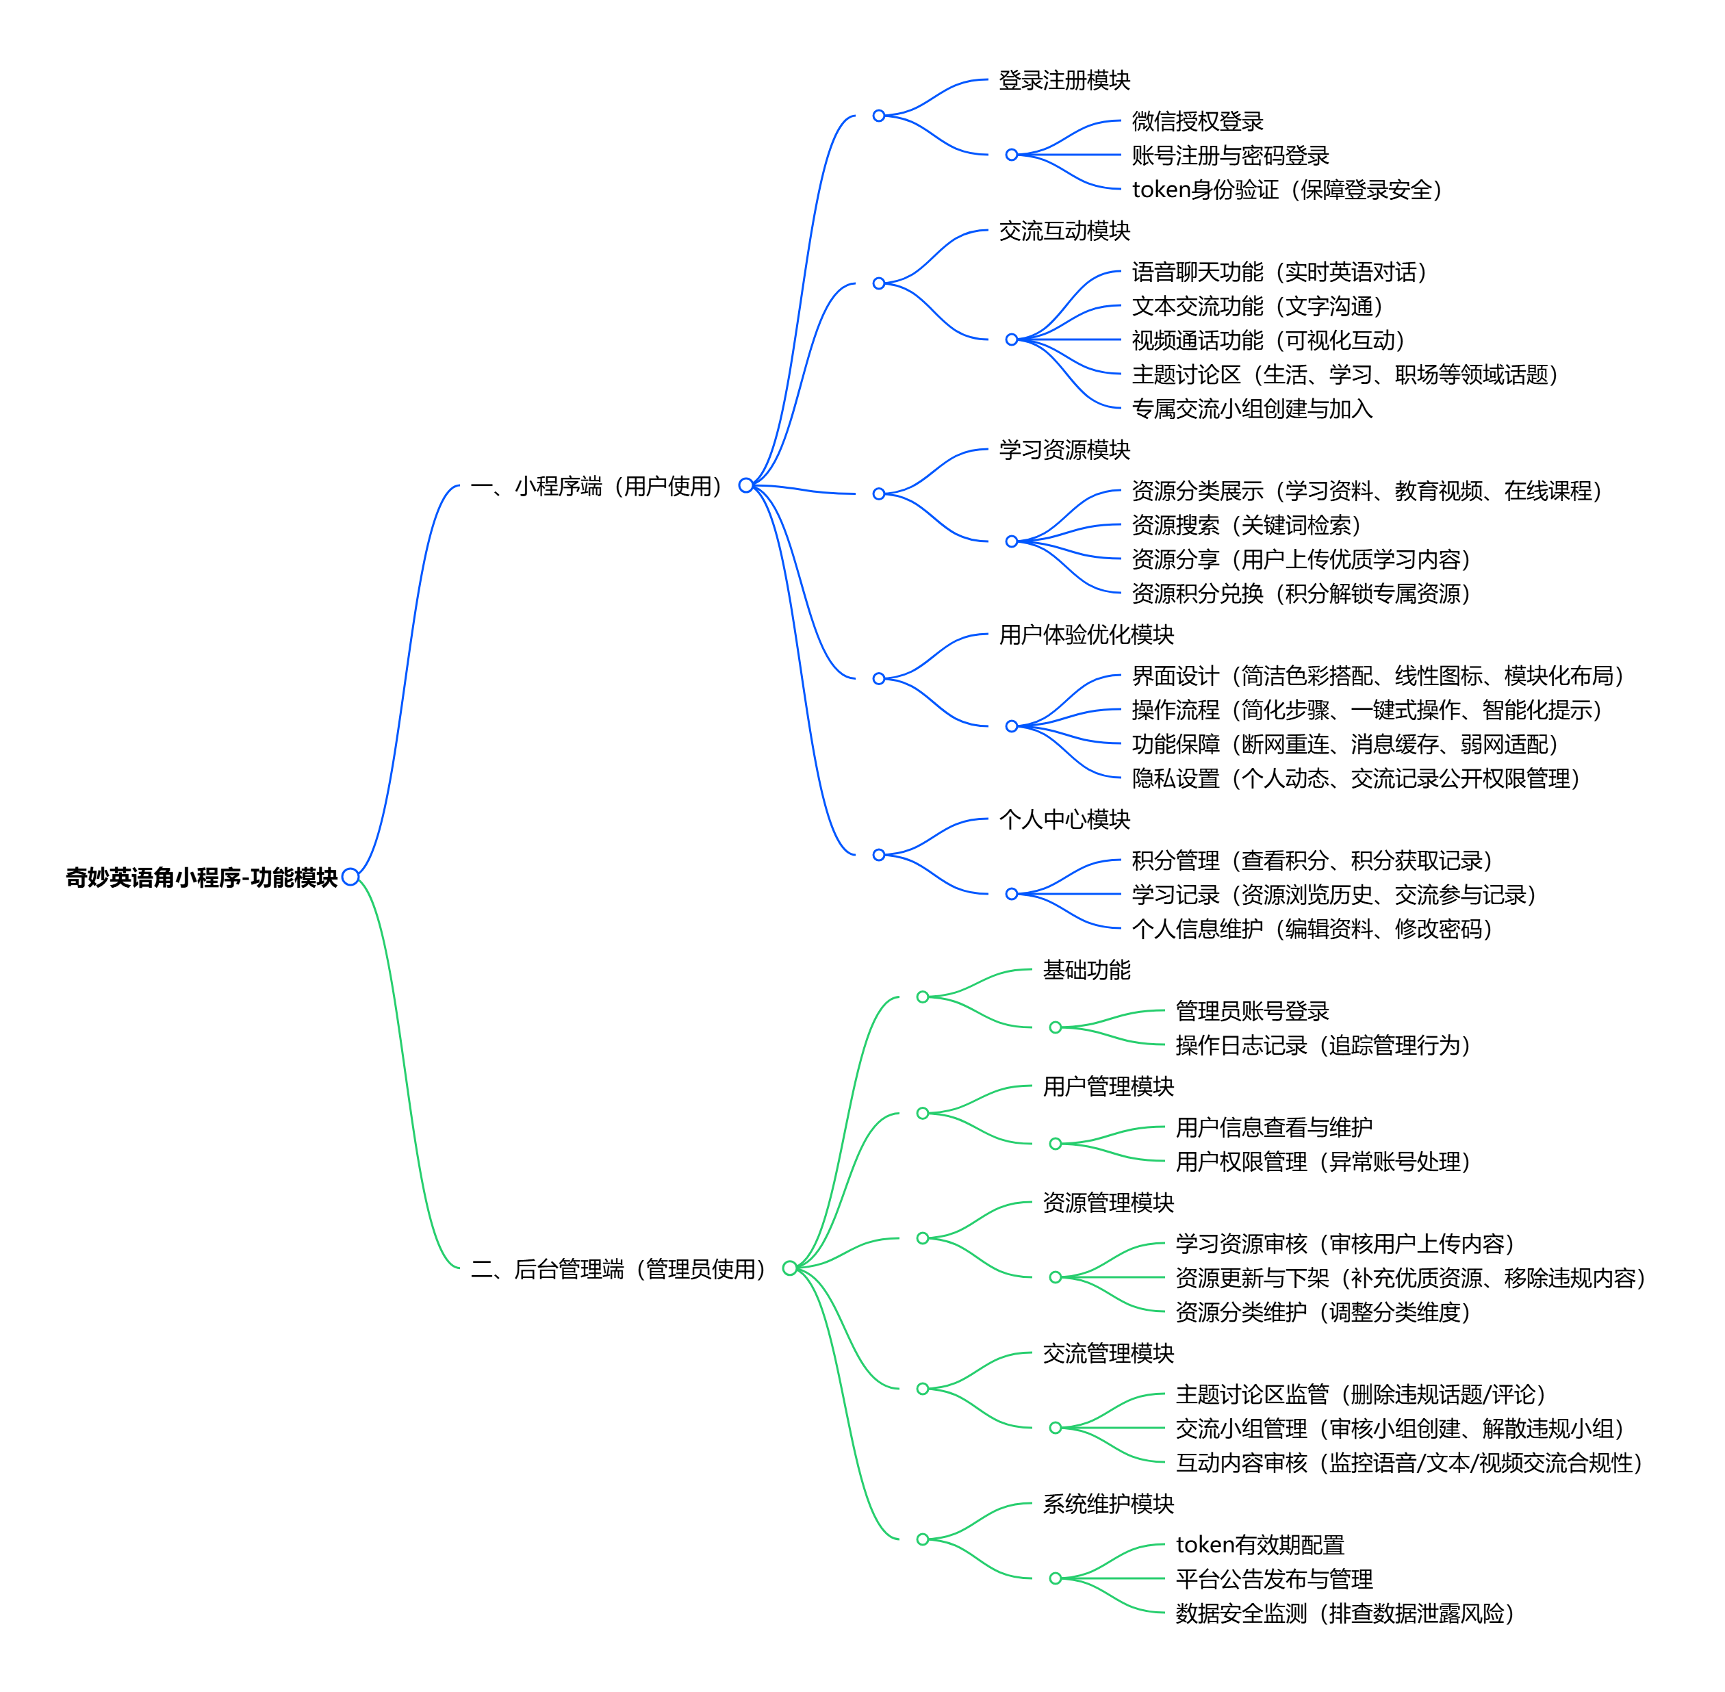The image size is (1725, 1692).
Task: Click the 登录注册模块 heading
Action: (1064, 80)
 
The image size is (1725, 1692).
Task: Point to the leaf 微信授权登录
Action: (1197, 121)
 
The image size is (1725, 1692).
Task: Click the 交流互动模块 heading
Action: (1064, 231)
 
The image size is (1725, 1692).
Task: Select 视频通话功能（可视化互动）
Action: (1267, 340)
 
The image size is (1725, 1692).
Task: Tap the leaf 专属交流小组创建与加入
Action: (1251, 409)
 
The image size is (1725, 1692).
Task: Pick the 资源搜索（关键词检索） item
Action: (1246, 525)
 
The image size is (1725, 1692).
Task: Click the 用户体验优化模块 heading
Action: (1086, 634)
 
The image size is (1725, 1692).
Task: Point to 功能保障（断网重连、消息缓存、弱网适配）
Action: (1344, 744)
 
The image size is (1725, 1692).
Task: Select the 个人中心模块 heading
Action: (1064, 819)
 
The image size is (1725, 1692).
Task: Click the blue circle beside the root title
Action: (350, 877)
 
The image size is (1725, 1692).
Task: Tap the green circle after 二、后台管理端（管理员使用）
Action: (789, 1268)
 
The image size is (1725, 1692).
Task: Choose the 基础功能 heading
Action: (1086, 969)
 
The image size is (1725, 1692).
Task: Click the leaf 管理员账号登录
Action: (1251, 1010)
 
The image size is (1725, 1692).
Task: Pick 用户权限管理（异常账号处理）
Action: (1322, 1162)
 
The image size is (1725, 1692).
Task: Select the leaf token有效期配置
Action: (1260, 1544)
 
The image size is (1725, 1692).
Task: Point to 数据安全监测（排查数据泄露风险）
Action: (1344, 1613)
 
